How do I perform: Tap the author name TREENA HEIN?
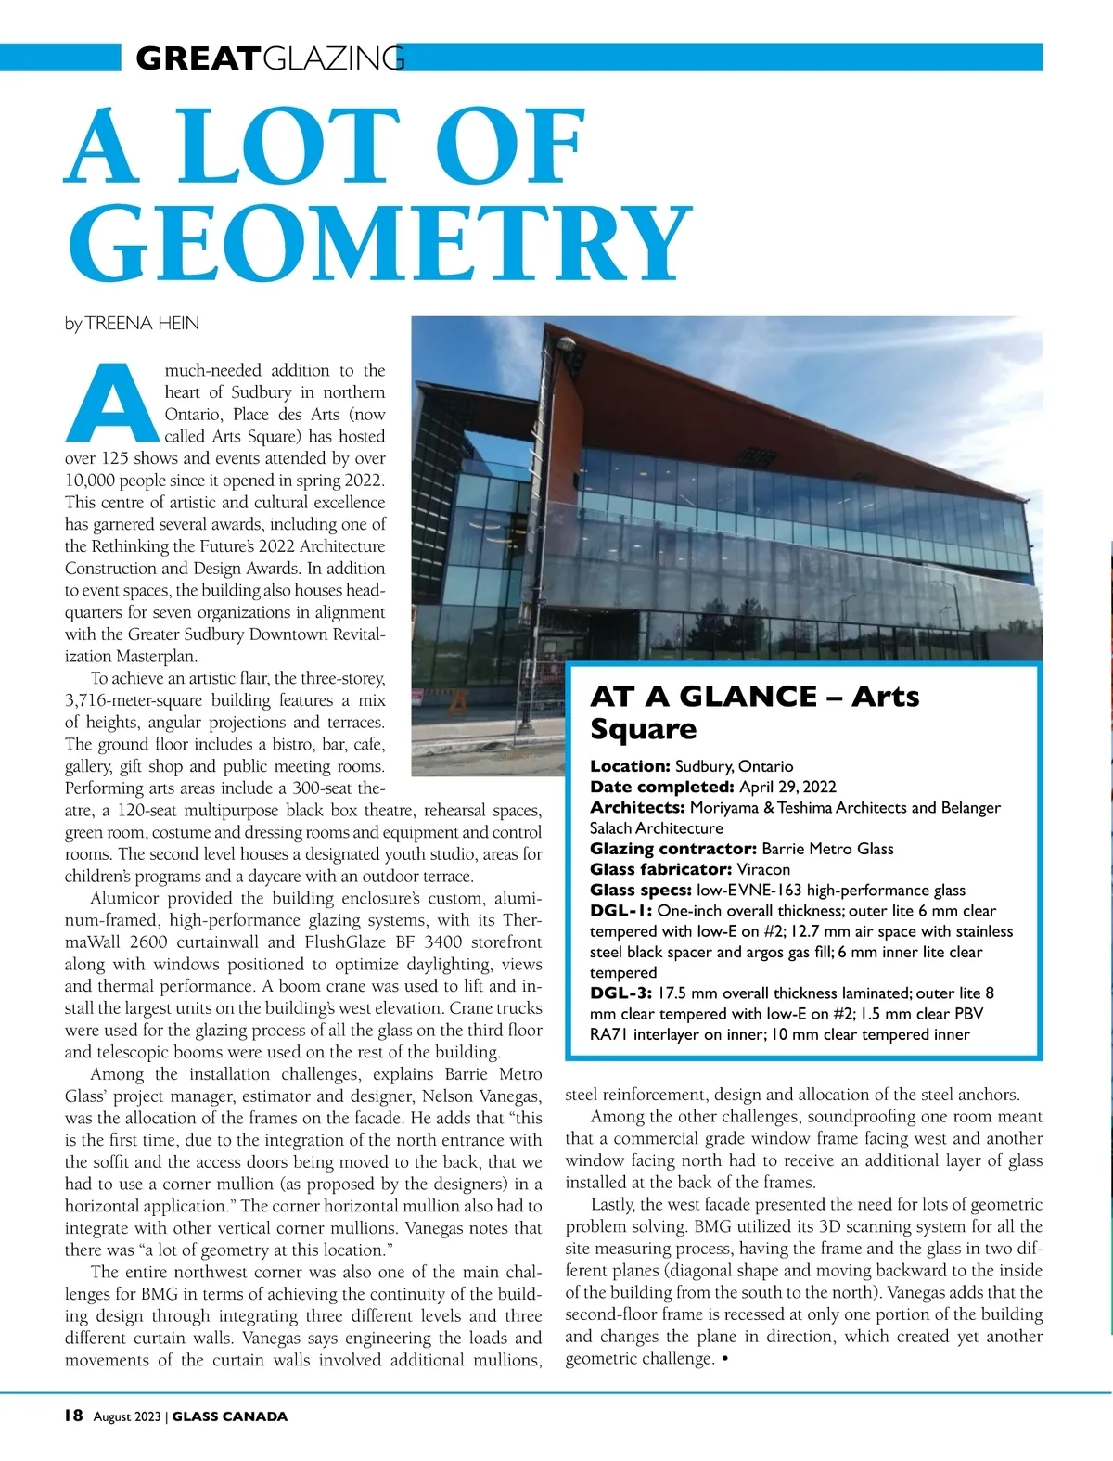(x=142, y=323)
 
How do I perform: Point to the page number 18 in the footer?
(x=73, y=1416)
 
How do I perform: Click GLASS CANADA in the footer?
(x=230, y=1416)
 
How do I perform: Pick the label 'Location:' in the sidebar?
(x=630, y=766)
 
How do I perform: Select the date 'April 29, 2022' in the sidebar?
(x=787, y=787)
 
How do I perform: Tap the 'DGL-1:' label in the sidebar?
(x=620, y=910)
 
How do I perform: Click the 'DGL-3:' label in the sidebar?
(x=621, y=993)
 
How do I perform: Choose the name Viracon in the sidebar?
(x=763, y=869)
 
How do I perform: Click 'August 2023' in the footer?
(x=126, y=1416)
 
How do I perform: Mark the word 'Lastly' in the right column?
(x=612, y=1204)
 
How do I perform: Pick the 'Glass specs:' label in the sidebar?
(x=641, y=890)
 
